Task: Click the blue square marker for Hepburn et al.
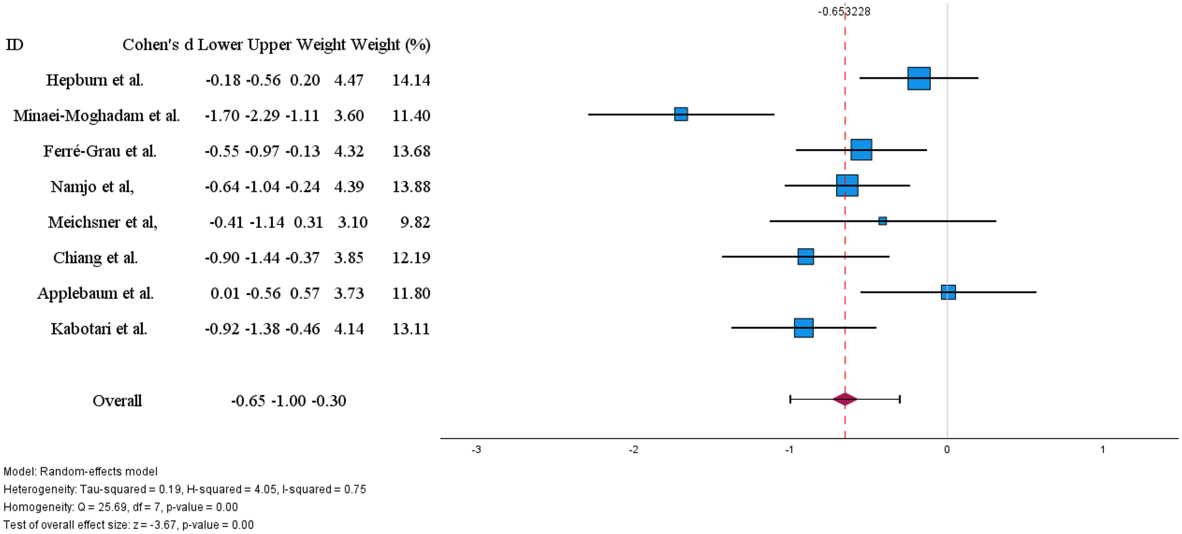point(919,79)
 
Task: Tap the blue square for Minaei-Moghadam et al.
point(681,114)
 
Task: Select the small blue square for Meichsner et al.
point(882,221)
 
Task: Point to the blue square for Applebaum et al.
point(948,292)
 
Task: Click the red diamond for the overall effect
point(845,399)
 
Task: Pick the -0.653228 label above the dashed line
point(844,11)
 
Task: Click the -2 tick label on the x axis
point(633,450)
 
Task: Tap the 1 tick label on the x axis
point(1103,450)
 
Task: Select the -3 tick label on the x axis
point(476,450)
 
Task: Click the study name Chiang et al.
point(95,258)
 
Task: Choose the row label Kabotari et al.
point(99,329)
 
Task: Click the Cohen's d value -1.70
point(222,115)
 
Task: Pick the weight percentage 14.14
point(411,80)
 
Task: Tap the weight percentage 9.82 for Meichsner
point(415,222)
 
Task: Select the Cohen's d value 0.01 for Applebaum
point(225,293)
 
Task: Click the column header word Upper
point(269,44)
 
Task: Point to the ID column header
point(14,44)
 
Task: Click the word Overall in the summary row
point(117,400)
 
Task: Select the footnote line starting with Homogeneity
point(120,507)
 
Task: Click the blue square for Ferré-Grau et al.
point(861,150)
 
